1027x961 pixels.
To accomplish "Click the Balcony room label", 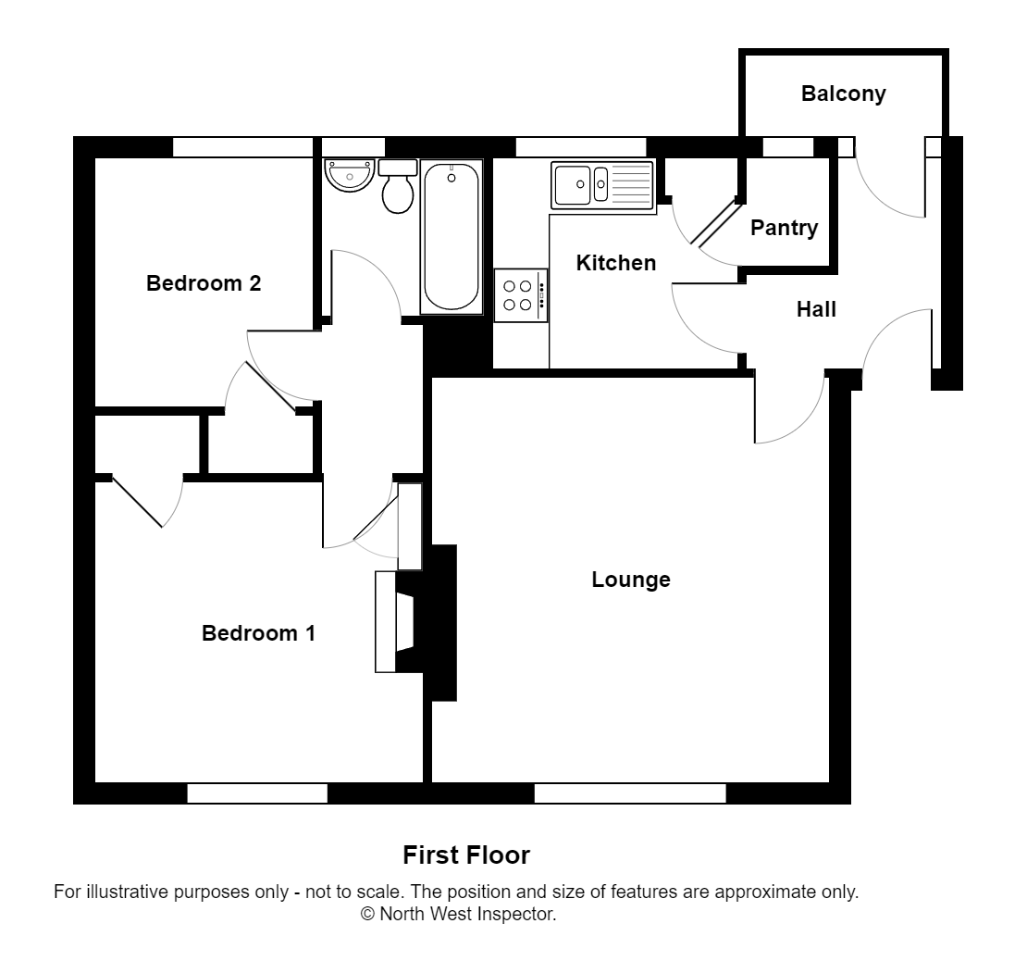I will (843, 94).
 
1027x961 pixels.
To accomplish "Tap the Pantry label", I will (784, 228).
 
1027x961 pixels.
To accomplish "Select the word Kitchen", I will (615, 263).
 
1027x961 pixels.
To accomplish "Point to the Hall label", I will (816, 309).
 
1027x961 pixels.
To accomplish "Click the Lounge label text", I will (631, 580).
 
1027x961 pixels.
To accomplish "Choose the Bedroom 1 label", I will (258, 633).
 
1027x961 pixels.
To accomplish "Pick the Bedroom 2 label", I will (204, 283).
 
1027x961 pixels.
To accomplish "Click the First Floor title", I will (466, 855).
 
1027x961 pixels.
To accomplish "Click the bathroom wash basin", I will (348, 175).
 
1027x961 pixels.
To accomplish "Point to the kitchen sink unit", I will (602, 185).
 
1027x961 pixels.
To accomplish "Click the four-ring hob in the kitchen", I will (520, 295).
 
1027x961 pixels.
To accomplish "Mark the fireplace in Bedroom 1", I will (395, 620).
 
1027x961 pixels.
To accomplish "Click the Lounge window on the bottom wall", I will (629, 793).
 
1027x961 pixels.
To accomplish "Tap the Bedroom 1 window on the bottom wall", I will (257, 793).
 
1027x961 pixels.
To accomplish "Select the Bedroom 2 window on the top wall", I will (242, 147).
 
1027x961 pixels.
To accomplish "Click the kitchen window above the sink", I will (580, 147).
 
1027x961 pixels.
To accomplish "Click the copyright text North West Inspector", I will (458, 915).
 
